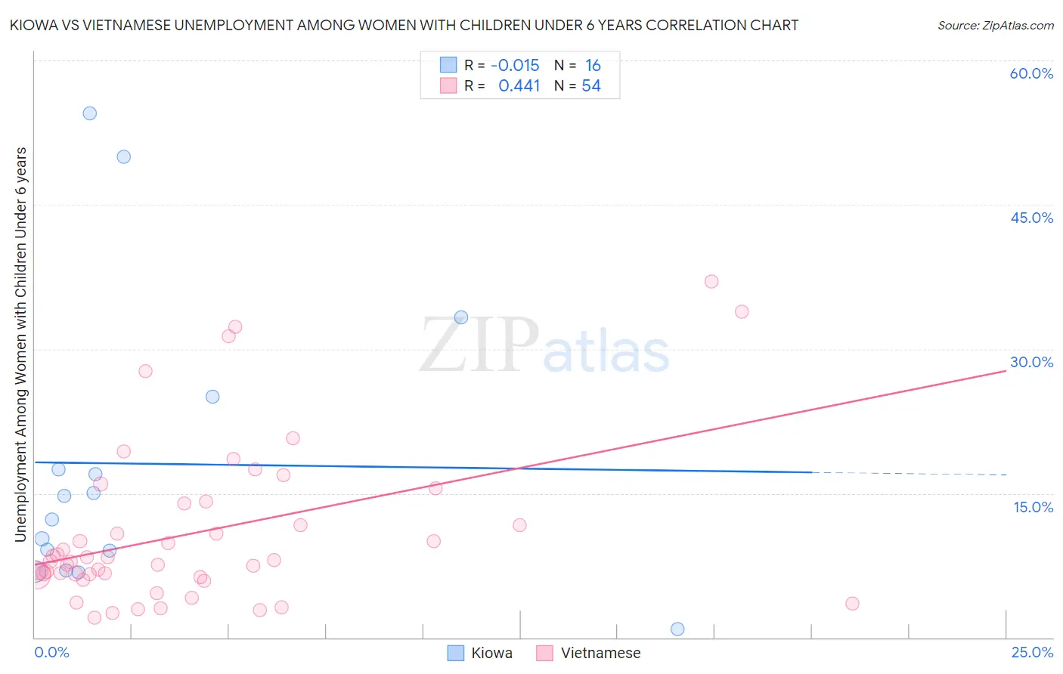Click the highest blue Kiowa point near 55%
(89, 113)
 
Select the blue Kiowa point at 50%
(123, 157)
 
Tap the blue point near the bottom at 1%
(677, 629)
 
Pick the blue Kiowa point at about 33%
(461, 317)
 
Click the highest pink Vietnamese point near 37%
(711, 281)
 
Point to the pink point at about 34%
(742, 312)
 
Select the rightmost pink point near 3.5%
(852, 603)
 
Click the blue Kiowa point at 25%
(212, 397)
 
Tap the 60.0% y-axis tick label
(1031, 73)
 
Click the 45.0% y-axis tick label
(1031, 218)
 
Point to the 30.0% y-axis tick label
(1031, 362)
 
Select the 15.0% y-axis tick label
(1033, 507)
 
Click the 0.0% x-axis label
(51, 652)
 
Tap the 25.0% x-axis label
(1032, 652)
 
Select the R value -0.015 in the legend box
(515, 66)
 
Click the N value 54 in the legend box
(590, 86)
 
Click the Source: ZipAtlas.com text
(995, 26)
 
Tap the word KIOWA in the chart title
(33, 26)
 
